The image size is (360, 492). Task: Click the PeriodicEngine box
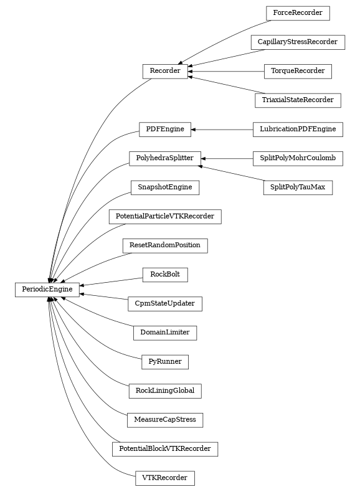47,290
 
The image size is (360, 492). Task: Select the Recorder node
165,72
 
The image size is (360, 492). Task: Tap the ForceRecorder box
297,12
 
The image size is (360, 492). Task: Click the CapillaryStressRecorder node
297,42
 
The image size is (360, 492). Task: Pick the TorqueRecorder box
297,71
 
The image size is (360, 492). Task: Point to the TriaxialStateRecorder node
297,100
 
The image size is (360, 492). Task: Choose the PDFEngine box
164,129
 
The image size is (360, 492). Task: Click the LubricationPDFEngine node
297,129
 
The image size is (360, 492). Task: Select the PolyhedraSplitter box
164,158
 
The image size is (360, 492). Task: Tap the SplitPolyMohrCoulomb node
297,158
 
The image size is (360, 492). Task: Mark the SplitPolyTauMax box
297,187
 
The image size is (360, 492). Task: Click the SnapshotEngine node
164,187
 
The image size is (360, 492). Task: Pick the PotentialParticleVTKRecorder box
164,217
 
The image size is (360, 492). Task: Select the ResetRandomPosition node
164,245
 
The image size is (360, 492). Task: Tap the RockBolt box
164,274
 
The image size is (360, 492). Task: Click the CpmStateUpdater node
164,304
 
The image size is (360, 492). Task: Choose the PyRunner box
164,361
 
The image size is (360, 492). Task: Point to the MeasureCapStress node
164,420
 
